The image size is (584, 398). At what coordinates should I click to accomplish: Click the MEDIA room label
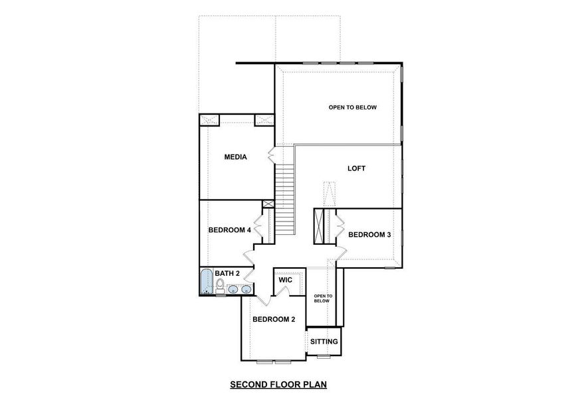click(235, 157)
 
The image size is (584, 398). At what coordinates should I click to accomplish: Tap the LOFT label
click(357, 168)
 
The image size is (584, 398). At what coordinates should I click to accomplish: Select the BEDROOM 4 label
click(229, 230)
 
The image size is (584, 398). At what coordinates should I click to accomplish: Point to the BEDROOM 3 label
click(369, 234)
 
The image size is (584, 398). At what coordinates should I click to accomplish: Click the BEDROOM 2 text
click(273, 319)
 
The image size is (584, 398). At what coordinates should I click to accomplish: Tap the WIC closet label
click(286, 280)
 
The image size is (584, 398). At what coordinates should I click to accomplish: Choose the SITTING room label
click(324, 342)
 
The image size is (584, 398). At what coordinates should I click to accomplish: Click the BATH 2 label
click(227, 273)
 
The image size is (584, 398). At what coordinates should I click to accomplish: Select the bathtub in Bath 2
click(206, 282)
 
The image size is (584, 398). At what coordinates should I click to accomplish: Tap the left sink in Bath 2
click(233, 289)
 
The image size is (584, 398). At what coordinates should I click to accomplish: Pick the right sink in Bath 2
click(246, 289)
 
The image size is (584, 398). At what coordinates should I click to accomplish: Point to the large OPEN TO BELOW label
click(353, 107)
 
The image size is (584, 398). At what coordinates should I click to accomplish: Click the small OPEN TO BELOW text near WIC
click(322, 298)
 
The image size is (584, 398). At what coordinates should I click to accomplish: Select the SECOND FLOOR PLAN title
click(278, 383)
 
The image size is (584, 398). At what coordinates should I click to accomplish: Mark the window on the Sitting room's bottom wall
click(323, 356)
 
